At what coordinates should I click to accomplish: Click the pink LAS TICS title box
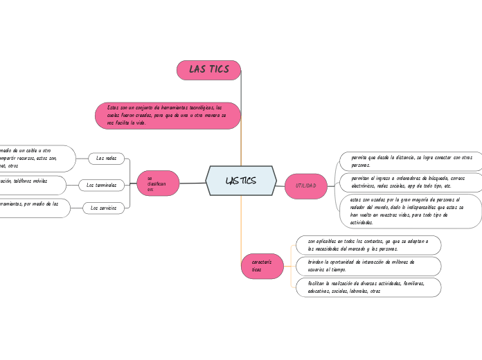pyautogui.click(x=209, y=69)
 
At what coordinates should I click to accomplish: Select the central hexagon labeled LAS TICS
pyautogui.click(x=241, y=181)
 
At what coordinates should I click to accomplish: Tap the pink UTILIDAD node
pyautogui.click(x=305, y=186)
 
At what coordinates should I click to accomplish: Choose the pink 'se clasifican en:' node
pyautogui.click(x=159, y=183)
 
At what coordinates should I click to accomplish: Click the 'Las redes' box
pyautogui.click(x=107, y=159)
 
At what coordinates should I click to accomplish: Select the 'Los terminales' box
pyautogui.click(x=102, y=185)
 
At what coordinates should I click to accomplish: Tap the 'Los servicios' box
pyautogui.click(x=104, y=208)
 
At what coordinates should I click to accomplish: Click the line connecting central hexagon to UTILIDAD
pyautogui.click(x=280, y=183)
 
